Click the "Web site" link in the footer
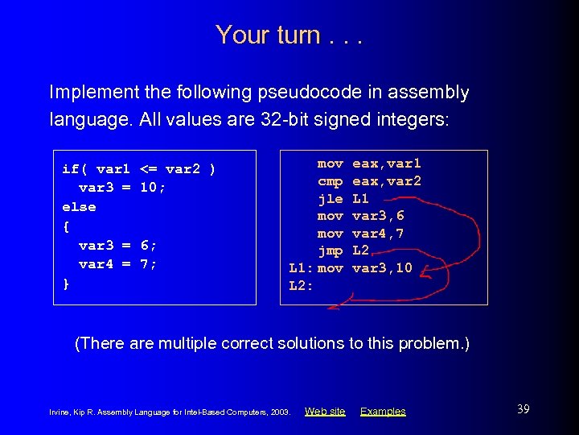point(325,412)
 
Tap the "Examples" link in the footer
point(383,412)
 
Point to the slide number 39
point(523,409)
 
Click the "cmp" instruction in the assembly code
point(330,181)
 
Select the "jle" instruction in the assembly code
point(330,198)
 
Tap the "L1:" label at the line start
point(300,268)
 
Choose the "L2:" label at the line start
point(300,286)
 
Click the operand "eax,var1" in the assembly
point(387,164)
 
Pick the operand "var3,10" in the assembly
point(383,268)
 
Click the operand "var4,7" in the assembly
point(379,234)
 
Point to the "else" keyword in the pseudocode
point(79,207)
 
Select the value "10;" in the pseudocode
point(153,188)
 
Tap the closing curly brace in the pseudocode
point(66,283)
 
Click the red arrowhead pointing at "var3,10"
point(423,276)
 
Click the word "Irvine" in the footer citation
point(60,412)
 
